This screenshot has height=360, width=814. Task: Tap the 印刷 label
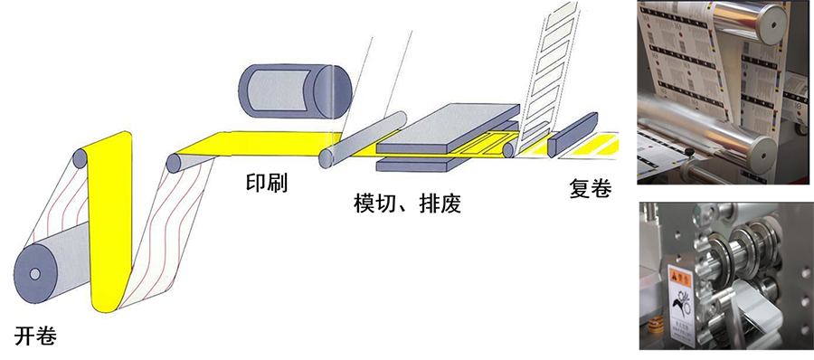(267, 183)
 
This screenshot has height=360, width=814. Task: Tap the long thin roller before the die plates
(361, 137)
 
